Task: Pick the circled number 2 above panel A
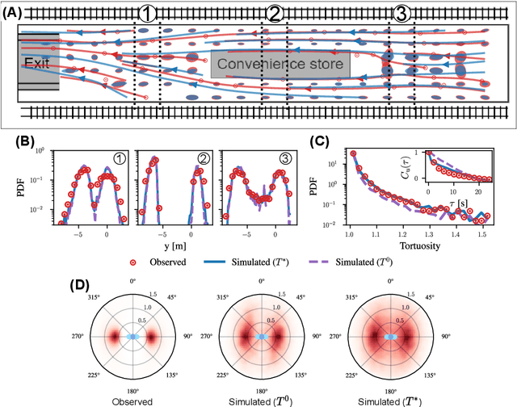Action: [x=275, y=13]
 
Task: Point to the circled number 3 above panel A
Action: [x=401, y=13]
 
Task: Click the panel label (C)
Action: [x=320, y=141]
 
